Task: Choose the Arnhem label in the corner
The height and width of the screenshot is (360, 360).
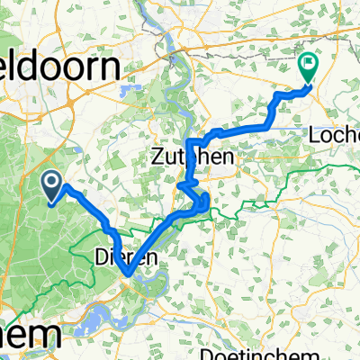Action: tap(31, 335)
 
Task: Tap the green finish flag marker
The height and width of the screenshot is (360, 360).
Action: tap(308, 68)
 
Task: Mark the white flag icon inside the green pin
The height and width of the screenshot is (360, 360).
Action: tap(308, 65)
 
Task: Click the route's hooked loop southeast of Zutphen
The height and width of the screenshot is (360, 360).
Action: tap(206, 200)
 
